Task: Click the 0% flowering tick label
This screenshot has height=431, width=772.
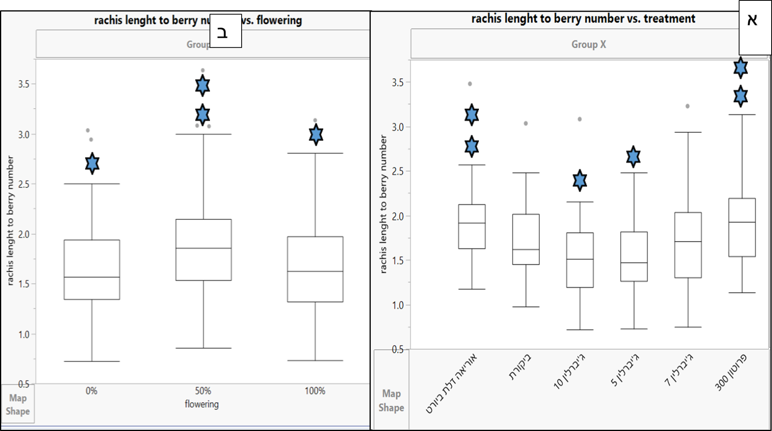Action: [x=91, y=391]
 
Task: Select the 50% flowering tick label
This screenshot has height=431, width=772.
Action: [x=203, y=391]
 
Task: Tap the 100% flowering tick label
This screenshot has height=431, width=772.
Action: [x=315, y=391]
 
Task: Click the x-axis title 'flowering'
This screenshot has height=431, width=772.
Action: [x=201, y=404]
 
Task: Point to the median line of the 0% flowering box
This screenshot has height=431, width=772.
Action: [x=92, y=277]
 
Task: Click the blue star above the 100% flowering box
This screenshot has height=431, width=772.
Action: [x=316, y=134]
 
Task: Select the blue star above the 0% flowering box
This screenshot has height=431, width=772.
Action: [x=92, y=163]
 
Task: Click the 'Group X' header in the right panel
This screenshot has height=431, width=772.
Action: [x=589, y=45]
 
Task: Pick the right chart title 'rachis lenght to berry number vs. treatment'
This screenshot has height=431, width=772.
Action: [x=583, y=18]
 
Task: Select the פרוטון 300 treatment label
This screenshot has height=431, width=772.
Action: [x=731, y=372]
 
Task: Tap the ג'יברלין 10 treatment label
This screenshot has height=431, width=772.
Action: [x=569, y=372]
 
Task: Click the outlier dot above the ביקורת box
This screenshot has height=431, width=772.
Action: [x=526, y=123]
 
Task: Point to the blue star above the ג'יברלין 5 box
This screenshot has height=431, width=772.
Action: [x=633, y=157]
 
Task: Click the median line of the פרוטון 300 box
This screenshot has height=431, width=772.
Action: [x=742, y=222]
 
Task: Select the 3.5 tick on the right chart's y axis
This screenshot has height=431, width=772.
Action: [x=398, y=83]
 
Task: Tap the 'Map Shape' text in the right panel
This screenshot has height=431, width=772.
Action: [x=391, y=400]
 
